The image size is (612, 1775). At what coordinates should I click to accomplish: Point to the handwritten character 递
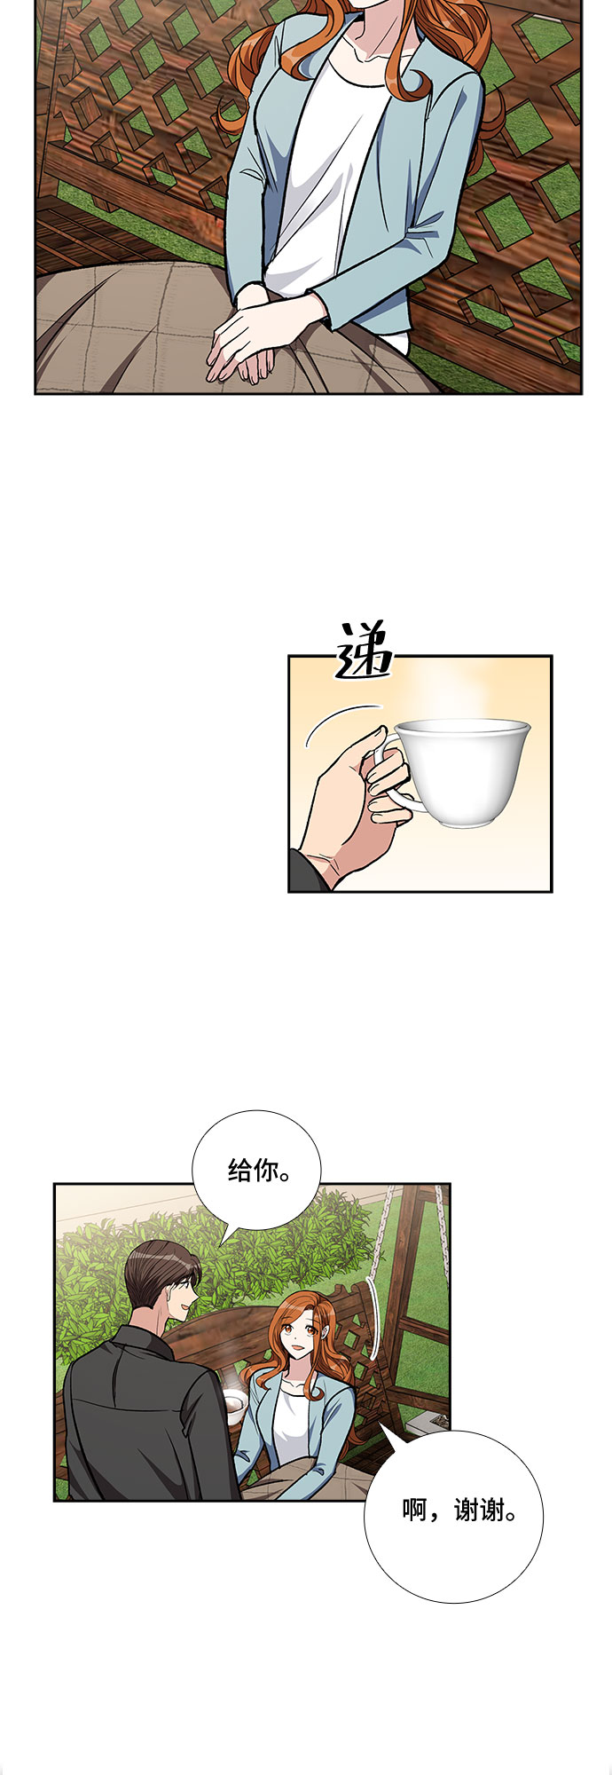(365, 651)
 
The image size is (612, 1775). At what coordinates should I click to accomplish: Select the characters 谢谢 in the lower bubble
(479, 1511)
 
